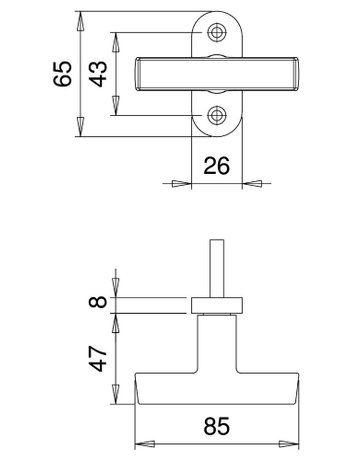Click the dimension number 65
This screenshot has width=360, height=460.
[x=62, y=74]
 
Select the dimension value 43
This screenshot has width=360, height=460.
[x=98, y=74]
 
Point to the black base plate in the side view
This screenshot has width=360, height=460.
[x=216, y=304]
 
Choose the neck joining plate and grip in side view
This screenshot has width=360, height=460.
[x=216, y=345]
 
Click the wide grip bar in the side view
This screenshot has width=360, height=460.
[x=216, y=391]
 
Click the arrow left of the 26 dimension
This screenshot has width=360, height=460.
[x=181, y=183]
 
